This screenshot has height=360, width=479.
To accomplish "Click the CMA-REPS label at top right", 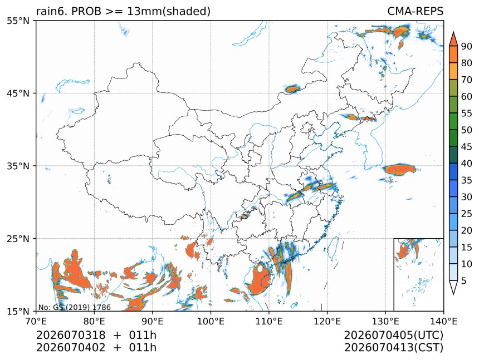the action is click(415, 11).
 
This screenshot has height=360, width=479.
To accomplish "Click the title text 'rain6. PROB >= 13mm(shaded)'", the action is click(124, 11).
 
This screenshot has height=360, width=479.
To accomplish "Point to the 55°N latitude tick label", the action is click(18, 21).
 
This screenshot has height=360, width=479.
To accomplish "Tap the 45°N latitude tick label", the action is click(18, 93).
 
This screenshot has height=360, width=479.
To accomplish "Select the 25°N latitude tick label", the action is click(18, 238).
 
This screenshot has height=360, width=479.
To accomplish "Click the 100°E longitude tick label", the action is click(211, 321).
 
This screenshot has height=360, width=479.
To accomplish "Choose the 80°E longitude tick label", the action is click(94, 321).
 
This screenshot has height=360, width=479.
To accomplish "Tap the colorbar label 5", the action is click(464, 280).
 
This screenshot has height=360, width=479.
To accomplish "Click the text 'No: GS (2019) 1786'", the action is click(75, 307).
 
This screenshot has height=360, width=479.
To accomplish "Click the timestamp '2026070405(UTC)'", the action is click(393, 335).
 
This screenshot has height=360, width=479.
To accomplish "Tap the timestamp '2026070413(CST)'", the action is click(393, 348).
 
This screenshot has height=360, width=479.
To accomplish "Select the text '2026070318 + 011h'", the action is click(96, 335).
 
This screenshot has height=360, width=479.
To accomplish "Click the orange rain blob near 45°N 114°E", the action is click(292, 89).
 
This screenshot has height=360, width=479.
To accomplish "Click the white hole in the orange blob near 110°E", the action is click(260, 269).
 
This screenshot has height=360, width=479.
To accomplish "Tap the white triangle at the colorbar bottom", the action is click(453, 287).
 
